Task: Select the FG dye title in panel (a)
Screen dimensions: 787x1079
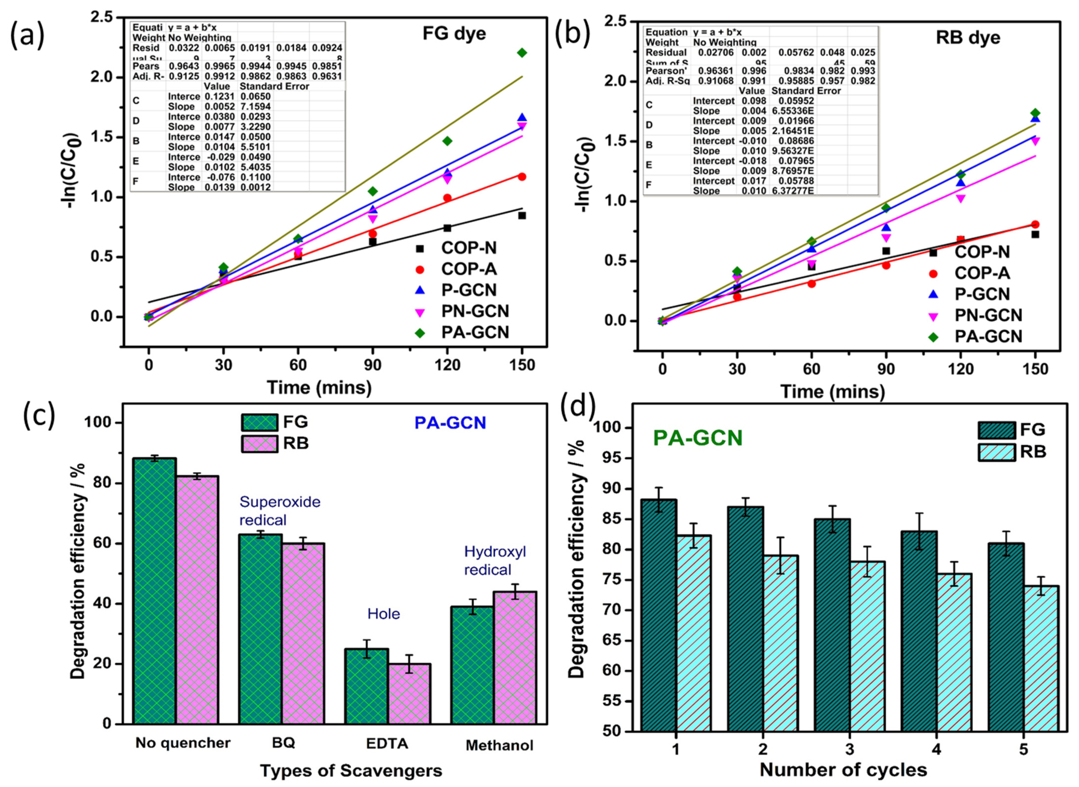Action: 454,33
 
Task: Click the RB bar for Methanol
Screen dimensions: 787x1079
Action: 515,657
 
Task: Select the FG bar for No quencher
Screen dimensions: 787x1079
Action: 155,591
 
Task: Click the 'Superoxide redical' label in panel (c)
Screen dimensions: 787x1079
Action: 280,510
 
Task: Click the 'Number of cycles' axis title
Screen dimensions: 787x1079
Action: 843,769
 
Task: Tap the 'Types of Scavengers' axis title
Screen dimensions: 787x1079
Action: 351,770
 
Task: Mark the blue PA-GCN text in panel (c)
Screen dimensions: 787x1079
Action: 450,423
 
